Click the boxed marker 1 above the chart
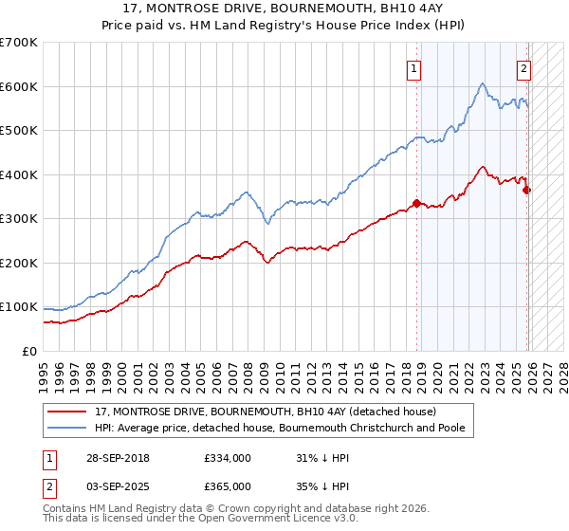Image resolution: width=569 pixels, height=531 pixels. coord(414,67)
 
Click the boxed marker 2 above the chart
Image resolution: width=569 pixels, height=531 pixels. coord(523,67)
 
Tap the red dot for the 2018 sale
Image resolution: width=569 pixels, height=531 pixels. coord(416,203)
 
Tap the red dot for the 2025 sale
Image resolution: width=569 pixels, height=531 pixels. coord(527,190)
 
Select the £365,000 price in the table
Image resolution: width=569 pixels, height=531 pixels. coord(228,486)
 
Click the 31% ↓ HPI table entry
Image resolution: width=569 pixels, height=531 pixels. coord(322,458)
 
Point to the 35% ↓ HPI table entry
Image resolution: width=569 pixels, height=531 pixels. coord(322,486)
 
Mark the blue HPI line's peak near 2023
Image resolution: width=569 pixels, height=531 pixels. coord(483,84)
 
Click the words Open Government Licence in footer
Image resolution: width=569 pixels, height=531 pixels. coord(273,520)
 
